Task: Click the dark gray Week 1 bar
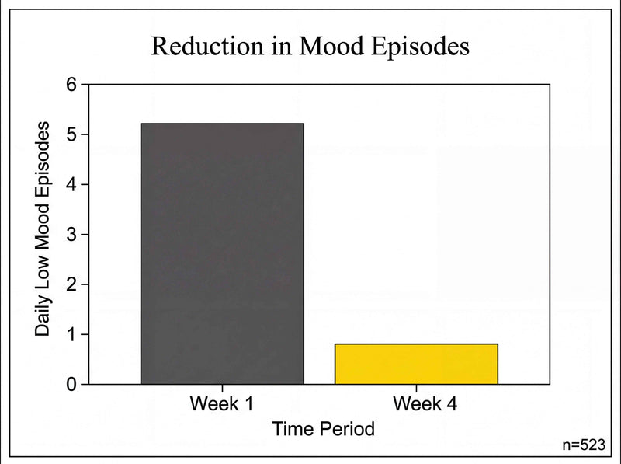[222, 253]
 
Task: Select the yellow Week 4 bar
[416, 364]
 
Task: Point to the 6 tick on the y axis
[72, 85]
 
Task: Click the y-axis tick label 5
[72, 135]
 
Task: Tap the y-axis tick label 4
[72, 185]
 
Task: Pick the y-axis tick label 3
[72, 235]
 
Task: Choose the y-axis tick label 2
[72, 284]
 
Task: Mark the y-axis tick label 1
[72, 335]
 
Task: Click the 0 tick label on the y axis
[72, 385]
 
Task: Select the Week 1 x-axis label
[222, 404]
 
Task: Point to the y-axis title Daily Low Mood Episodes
[43, 229]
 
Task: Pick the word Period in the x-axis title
[349, 428]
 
